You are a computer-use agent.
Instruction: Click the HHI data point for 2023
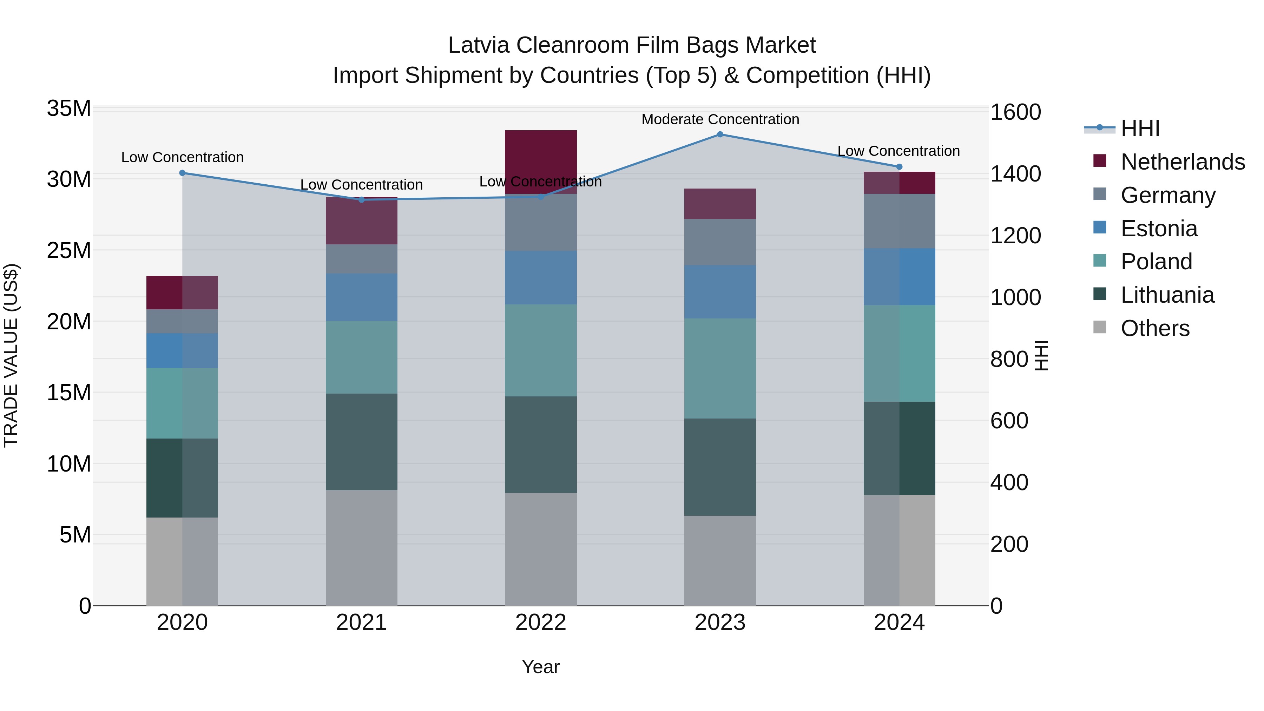720,134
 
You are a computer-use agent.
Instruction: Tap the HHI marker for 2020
183,173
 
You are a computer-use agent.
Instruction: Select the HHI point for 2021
362,200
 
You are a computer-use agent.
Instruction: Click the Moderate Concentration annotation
720,119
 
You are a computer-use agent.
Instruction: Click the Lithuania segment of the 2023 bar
720,467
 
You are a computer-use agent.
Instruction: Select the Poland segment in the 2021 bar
362,357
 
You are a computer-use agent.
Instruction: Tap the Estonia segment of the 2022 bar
541,278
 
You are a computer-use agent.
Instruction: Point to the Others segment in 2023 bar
720,560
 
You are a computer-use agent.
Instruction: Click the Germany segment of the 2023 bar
720,242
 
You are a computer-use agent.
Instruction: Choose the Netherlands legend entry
1183,162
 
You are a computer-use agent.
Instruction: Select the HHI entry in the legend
1140,129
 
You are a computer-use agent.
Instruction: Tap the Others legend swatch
1100,327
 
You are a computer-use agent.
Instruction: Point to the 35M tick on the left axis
69,108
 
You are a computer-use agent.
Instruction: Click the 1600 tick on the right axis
1015,112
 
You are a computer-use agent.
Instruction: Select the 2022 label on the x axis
541,623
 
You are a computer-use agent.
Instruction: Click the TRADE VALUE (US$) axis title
11,355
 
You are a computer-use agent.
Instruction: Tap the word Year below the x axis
541,667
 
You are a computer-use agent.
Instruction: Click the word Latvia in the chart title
479,45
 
